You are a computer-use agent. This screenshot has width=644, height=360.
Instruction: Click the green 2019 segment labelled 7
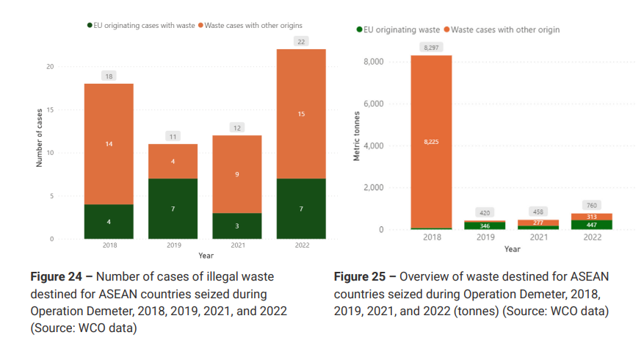tap(173, 209)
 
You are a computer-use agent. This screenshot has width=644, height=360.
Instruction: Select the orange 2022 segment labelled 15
tap(301, 114)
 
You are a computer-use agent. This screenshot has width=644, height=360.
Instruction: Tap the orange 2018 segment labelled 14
tap(109, 144)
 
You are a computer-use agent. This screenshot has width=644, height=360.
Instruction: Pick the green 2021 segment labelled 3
tap(237, 226)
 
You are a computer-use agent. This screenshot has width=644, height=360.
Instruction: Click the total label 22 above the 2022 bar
tap(301, 42)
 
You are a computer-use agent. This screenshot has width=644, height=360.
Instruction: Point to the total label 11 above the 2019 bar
tap(173, 137)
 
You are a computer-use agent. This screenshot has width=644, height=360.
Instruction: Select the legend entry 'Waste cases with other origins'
tap(255, 25)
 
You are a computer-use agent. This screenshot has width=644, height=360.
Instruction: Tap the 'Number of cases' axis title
tap(39, 137)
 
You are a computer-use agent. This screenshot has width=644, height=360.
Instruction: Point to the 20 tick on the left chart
tap(50, 67)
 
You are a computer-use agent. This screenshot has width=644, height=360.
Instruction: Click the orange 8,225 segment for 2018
tap(431, 142)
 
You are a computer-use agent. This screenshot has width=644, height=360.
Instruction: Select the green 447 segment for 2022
tap(592, 225)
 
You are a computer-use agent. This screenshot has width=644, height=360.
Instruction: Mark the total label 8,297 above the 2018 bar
tap(431, 48)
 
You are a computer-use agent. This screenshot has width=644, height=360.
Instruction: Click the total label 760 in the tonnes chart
tap(592, 205)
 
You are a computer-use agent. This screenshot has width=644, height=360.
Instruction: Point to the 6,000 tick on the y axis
tap(375, 104)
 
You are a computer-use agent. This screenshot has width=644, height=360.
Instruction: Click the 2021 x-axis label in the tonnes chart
tap(538, 237)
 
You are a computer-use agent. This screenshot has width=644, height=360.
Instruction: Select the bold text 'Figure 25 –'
tap(365, 277)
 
